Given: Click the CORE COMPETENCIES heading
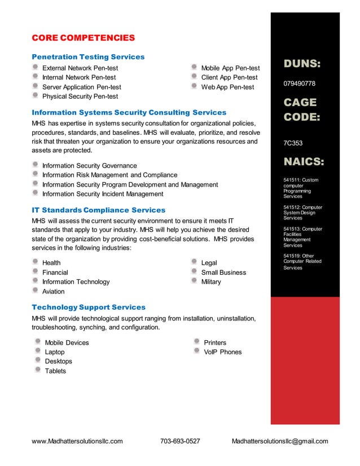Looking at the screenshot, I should coord(83,38).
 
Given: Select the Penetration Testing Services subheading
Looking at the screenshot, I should coord(88,57).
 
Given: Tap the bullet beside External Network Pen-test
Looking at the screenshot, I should coord(36,68).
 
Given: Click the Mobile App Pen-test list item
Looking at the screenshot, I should coord(230,68).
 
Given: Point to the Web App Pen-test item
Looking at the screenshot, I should coord(227,87).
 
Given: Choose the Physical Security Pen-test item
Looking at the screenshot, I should coord(80,96).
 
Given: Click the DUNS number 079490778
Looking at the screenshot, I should coord(299,83).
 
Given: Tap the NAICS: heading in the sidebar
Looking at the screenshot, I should coord(304,162).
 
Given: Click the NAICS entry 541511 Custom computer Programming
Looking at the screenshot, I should coord(301,188).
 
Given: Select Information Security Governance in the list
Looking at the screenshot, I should coord(89,166).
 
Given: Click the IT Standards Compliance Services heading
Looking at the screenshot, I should coord(98,210).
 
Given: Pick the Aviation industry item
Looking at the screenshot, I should coord(54,292).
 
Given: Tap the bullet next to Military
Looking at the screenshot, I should coord(195,281).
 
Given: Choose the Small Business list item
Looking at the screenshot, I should coord(223,272).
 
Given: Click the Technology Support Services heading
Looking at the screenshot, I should coord(89,307).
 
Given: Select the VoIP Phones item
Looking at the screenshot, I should coord(222,352).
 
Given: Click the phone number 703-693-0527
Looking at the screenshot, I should coord(180,441).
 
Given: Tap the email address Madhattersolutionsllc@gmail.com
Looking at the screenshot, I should coord(280,441).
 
